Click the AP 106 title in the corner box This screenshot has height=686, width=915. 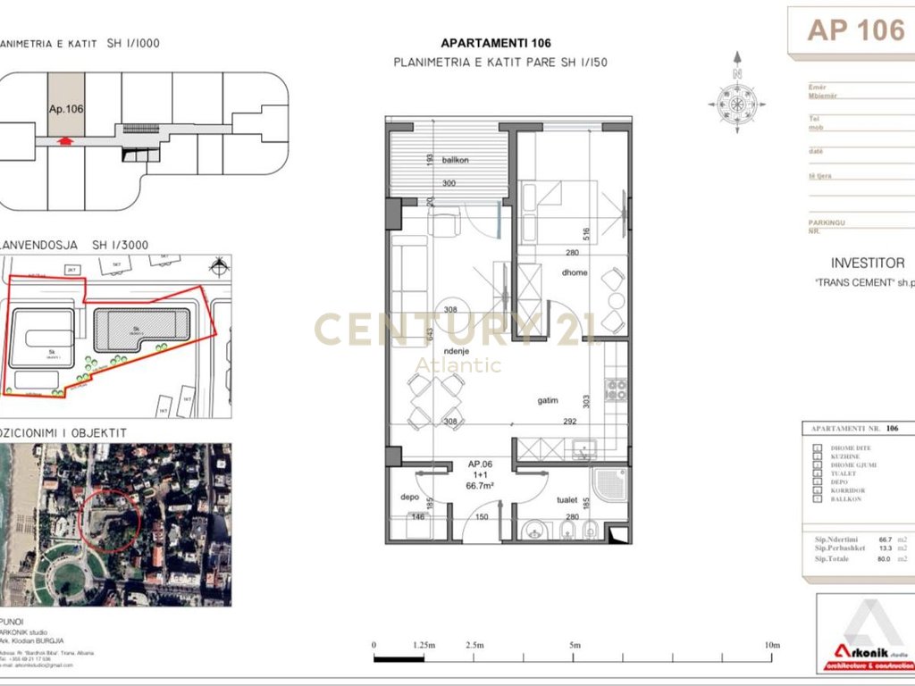pos(856,29)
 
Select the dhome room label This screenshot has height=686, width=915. pos(575,272)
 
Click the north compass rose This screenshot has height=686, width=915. pos(737,103)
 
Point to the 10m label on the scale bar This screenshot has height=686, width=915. pos(772,645)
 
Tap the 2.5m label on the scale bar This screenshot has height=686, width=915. pos(474,645)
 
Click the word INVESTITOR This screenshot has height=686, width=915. pos(867,264)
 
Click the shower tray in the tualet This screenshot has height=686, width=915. pos(611,486)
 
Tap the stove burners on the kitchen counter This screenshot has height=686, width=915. pos(616,389)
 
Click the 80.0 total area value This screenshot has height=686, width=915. pos(886,559)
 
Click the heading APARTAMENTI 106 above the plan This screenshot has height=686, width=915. pos(496,43)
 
